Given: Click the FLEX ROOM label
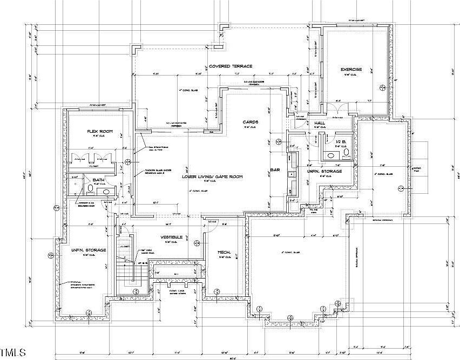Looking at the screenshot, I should point(99,131).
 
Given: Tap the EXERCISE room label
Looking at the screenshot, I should point(350,70).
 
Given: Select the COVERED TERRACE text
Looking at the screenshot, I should point(232,66).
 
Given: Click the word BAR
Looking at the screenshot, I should point(274,171).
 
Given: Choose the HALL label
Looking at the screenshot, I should point(319,124).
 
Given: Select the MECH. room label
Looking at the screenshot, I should point(224,252).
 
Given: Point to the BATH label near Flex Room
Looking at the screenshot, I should point(98,180).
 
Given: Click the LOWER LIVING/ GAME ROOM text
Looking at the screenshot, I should point(212,176).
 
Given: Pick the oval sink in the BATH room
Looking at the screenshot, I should point(106,192).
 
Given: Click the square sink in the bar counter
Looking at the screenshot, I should point(292,174).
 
